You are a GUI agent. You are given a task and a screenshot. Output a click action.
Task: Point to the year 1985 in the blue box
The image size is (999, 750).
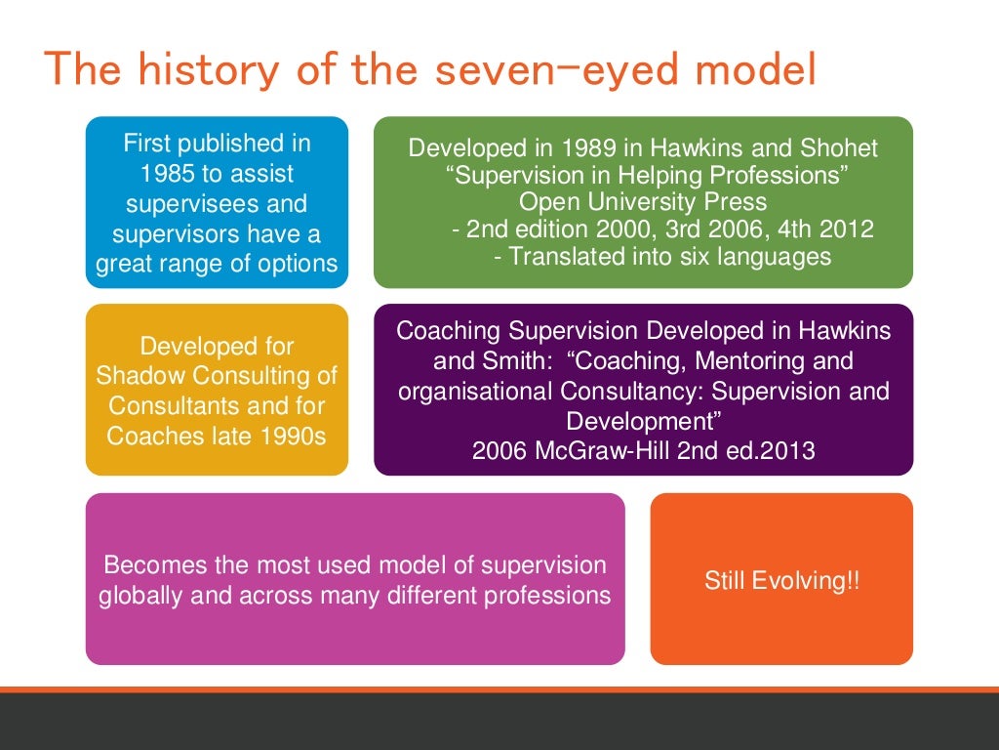(x=160, y=174)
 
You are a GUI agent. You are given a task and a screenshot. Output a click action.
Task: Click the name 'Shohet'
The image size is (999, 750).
(x=838, y=148)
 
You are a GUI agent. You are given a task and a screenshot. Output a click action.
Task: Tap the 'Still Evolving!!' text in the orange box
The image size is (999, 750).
(x=781, y=581)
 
